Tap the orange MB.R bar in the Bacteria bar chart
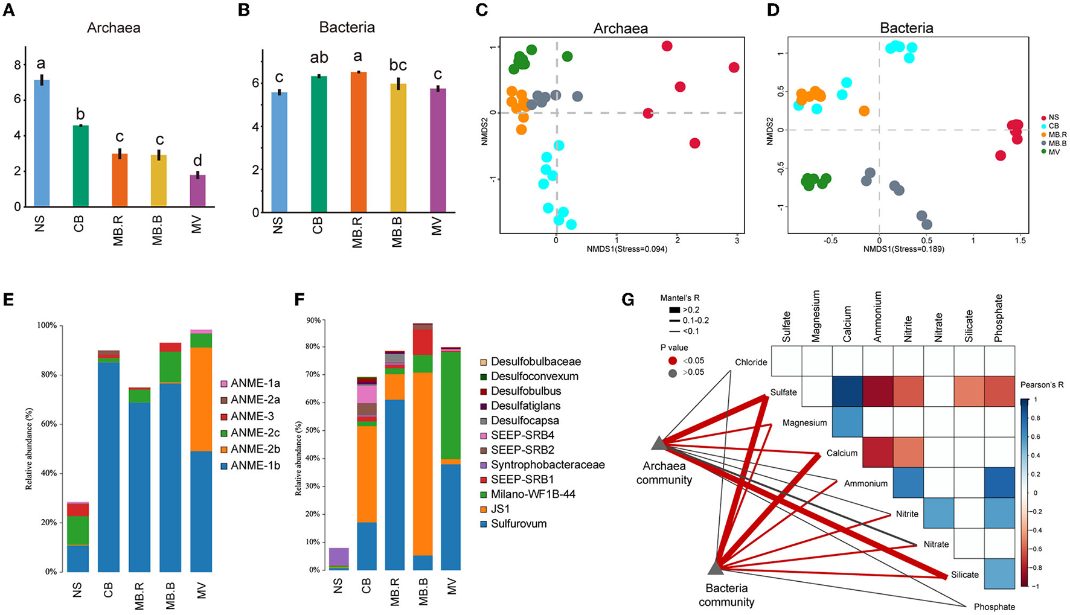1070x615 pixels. point(358,142)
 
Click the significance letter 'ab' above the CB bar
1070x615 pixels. point(319,58)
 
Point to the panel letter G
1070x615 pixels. point(628,299)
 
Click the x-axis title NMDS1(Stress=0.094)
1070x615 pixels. point(627,249)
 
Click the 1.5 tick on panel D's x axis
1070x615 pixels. point(1020,240)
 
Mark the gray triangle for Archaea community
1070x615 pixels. point(659,444)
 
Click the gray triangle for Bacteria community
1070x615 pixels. point(716,567)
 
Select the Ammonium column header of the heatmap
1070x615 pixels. point(878,317)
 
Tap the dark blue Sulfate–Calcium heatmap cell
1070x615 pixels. point(847,392)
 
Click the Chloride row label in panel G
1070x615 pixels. point(751,362)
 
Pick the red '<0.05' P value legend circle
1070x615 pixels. point(673,361)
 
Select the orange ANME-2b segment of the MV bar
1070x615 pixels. point(201,399)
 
